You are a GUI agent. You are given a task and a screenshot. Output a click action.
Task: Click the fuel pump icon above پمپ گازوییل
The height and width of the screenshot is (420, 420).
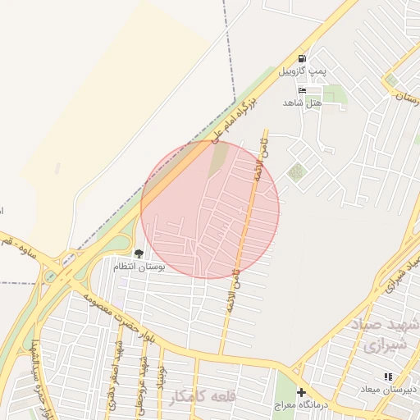pyautogui.click(x=303, y=58)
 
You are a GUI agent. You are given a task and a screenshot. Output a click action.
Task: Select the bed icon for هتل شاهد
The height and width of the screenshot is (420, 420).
pyautogui.click(x=302, y=89)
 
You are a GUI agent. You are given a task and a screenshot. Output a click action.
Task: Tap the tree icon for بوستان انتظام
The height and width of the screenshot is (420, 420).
pyautogui.click(x=138, y=253)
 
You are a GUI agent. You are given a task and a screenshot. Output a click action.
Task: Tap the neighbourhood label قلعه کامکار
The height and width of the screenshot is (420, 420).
pyautogui.click(x=203, y=397)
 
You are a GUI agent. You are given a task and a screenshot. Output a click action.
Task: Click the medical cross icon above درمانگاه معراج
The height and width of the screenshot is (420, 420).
pyautogui.click(x=301, y=393)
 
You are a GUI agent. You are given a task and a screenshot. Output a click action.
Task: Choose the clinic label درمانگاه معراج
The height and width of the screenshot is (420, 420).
pyautogui.click(x=302, y=406)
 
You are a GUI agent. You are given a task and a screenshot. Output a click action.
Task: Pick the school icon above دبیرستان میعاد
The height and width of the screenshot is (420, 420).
pyautogui.click(x=388, y=377)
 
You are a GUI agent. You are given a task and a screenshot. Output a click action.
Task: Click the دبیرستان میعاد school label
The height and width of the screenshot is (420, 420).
pyautogui.click(x=389, y=390)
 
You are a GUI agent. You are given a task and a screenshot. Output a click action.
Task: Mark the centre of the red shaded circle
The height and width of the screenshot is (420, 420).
pyautogui.click(x=210, y=210)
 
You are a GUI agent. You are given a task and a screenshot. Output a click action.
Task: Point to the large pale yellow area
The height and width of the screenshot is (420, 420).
pyautogui.click(x=115, y=90)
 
